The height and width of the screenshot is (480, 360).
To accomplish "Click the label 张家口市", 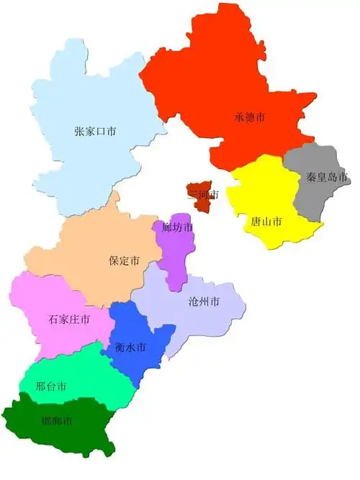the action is (x=96, y=132).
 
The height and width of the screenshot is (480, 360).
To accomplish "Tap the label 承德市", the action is (x=251, y=117).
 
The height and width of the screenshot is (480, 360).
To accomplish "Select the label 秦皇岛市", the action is (x=327, y=176).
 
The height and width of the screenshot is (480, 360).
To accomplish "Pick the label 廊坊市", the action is (x=177, y=227).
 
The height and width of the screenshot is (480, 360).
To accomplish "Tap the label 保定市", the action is (x=124, y=261).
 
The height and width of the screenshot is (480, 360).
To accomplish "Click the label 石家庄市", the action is (x=69, y=319).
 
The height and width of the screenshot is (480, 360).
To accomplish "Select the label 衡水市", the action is (x=130, y=347).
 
